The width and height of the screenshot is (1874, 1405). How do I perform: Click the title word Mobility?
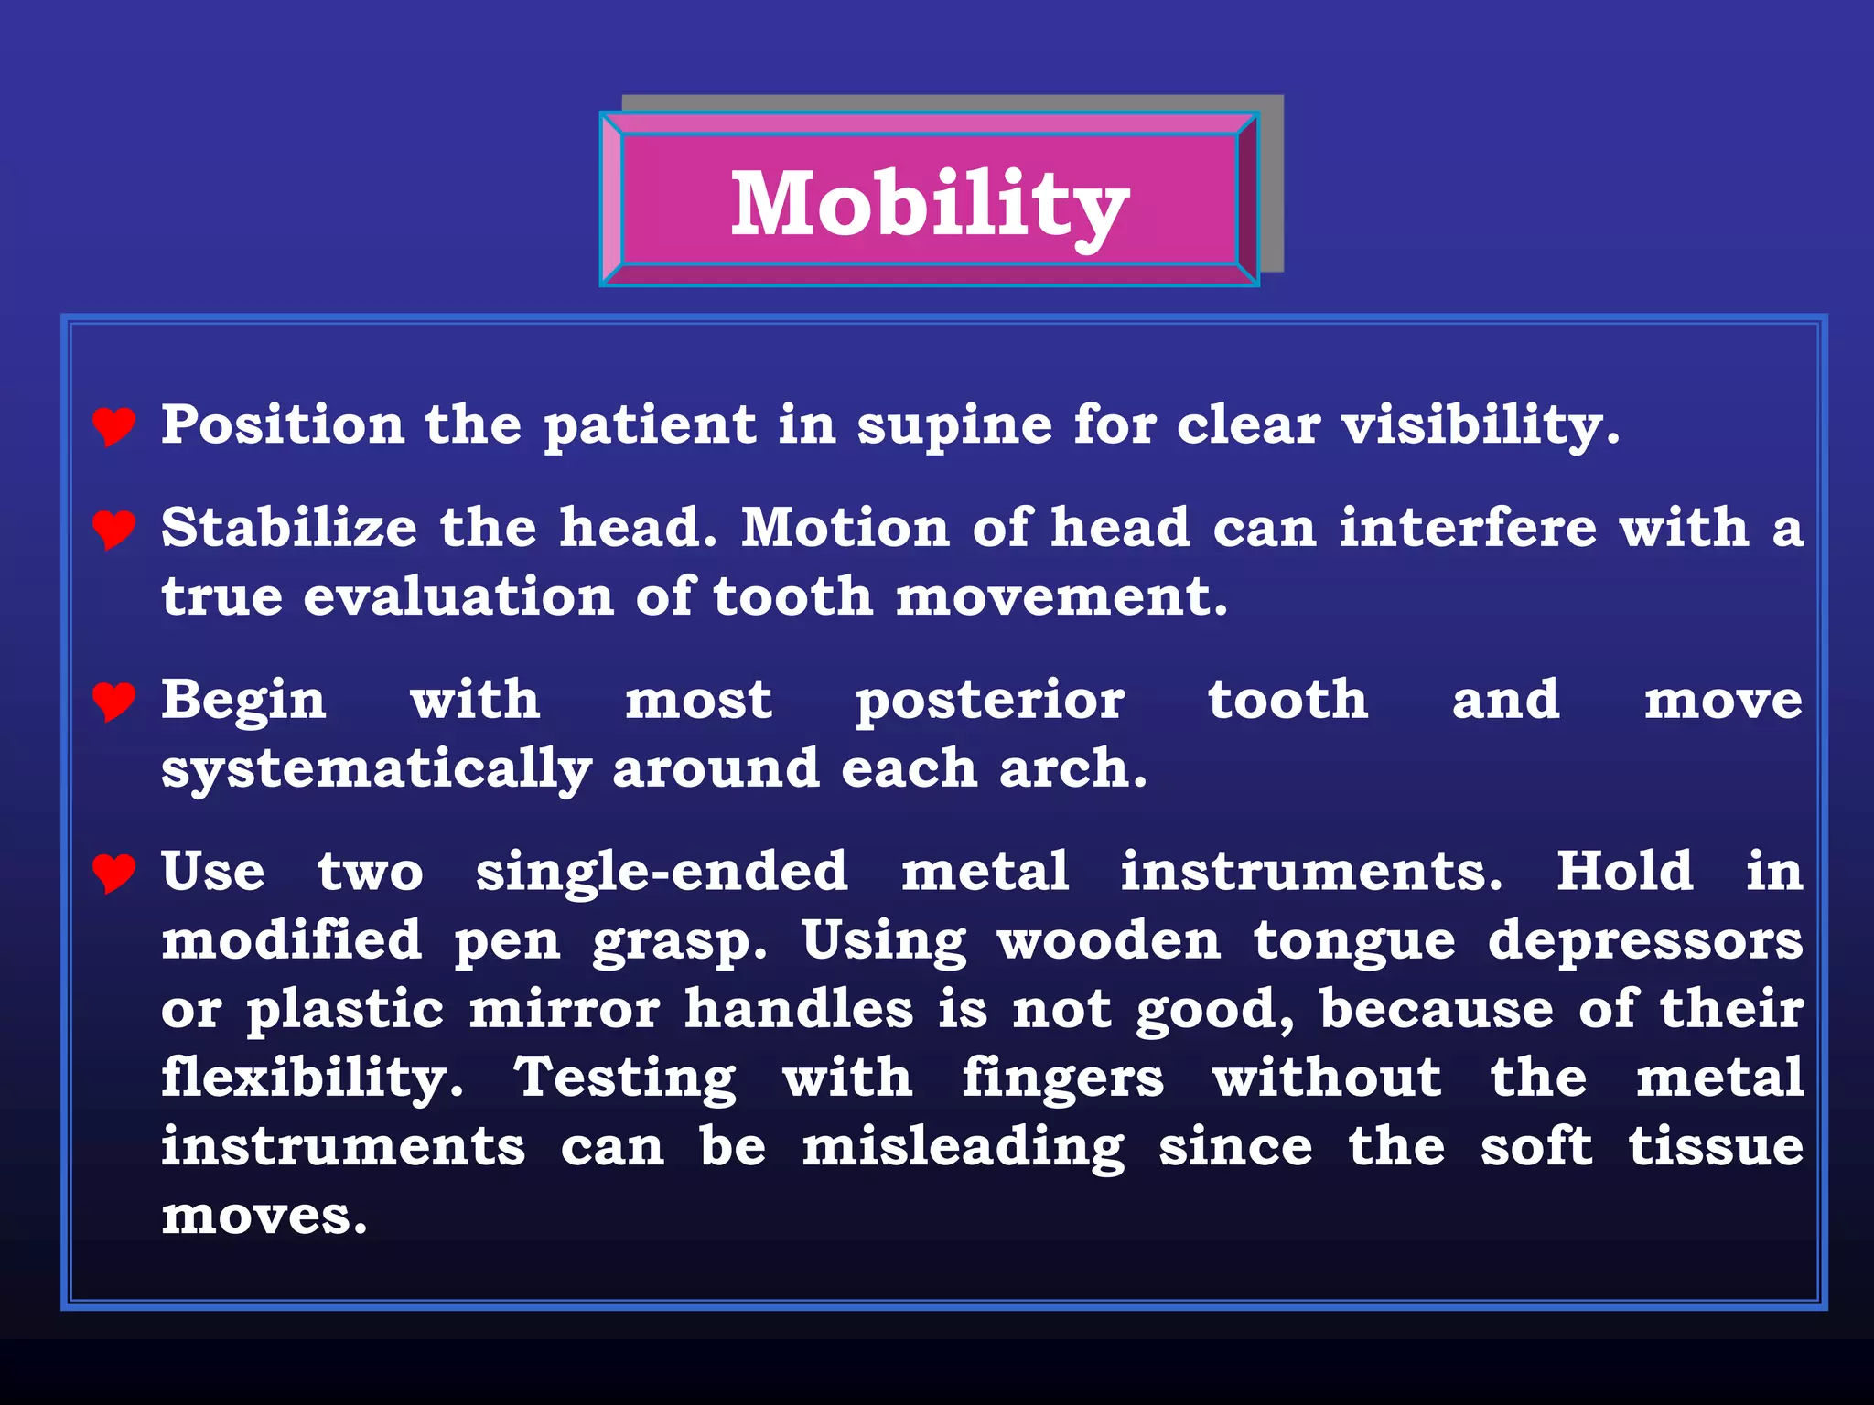coord(930,205)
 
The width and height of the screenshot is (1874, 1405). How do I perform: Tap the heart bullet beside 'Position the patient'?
coord(114,425)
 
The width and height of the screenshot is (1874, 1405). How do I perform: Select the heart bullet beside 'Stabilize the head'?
coord(114,529)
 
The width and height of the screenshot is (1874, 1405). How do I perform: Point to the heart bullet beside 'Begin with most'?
coord(114,701)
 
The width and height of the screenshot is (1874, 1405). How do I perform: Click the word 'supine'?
coord(954,426)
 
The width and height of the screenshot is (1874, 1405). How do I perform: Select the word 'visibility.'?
coord(1481,426)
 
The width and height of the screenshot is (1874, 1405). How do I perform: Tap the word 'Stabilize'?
coord(289,528)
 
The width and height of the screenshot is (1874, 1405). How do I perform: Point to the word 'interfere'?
coord(1468,528)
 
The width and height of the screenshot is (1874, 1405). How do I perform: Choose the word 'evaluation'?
coord(458,596)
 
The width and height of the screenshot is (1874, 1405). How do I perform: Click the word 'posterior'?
coord(990,701)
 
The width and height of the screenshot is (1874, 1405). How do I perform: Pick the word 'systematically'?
coord(376,770)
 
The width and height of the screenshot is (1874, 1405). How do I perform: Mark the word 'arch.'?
coord(1072,768)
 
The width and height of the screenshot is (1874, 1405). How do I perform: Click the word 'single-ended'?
coord(662,871)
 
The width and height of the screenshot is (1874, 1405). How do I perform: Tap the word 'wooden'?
coord(1109,940)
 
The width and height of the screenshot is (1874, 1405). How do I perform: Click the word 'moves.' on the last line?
coord(264,1217)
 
